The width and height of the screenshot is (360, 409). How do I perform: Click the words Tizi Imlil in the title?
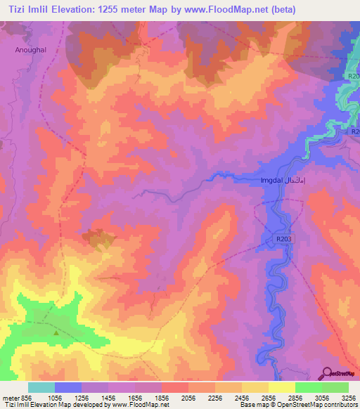(x=30, y=9)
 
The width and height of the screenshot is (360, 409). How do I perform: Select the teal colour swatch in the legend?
(x=41, y=387)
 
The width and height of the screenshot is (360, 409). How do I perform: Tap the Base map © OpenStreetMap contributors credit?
(x=296, y=404)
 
